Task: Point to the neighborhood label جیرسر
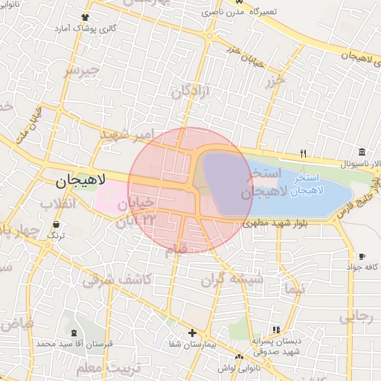click(x=81, y=71)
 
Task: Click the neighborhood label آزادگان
click(x=192, y=92)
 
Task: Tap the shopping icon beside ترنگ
click(x=56, y=223)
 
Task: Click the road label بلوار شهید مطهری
click(x=277, y=223)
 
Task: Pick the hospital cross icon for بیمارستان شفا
click(x=192, y=333)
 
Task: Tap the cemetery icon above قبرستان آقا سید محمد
click(x=72, y=333)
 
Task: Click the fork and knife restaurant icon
click(x=303, y=153)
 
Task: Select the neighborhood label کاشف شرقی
click(x=117, y=280)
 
